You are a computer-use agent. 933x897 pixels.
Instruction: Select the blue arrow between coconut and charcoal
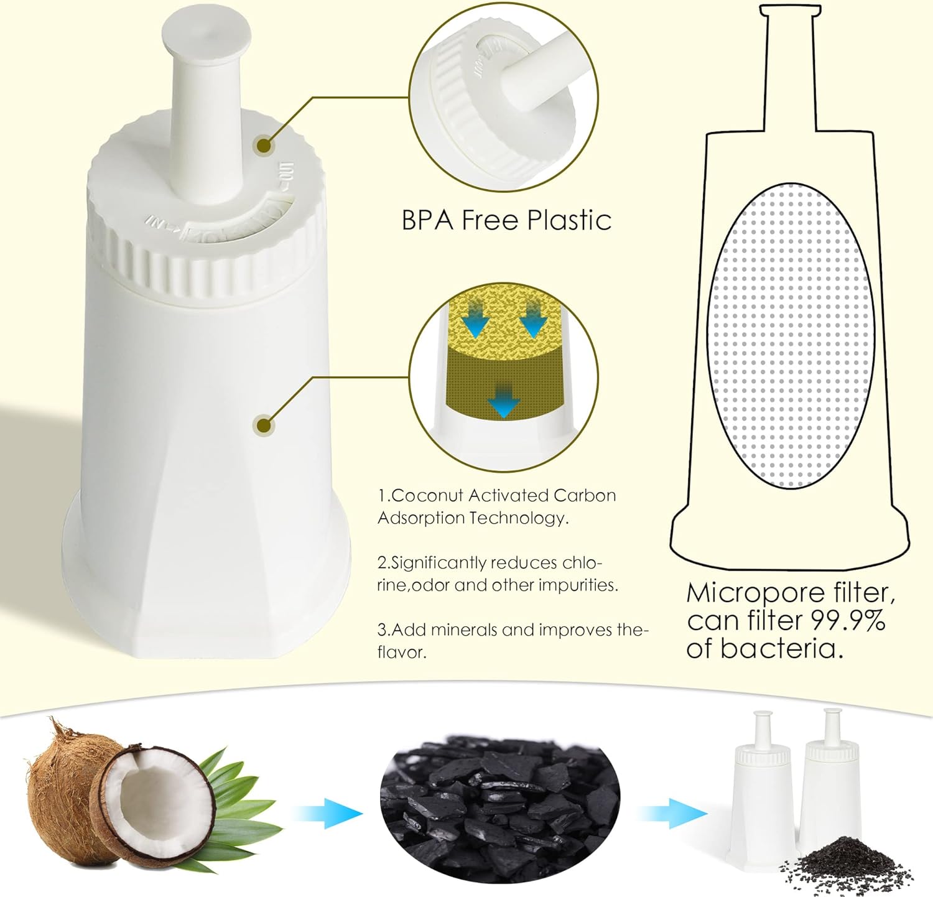(x=328, y=813)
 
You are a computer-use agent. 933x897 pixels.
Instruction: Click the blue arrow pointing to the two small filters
(x=674, y=813)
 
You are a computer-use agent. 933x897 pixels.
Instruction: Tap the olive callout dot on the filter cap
(x=264, y=146)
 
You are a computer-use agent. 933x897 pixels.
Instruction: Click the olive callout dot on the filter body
(x=264, y=425)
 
